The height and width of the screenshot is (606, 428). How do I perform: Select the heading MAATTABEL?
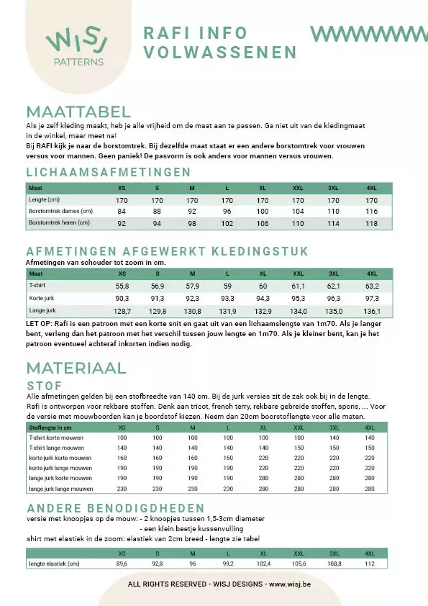point(78,112)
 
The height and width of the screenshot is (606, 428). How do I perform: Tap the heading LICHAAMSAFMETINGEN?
point(108,172)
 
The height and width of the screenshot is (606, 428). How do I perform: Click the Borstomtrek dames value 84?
point(122,212)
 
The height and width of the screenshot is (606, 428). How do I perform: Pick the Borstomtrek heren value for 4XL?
point(371,224)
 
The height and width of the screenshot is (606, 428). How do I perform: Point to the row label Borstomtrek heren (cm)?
point(60,224)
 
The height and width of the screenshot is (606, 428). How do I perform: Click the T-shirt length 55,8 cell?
point(122,286)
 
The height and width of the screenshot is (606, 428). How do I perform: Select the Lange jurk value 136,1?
point(372,311)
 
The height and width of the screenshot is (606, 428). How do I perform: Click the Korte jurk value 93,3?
point(227,299)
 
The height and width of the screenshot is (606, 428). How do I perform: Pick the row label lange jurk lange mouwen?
point(60,489)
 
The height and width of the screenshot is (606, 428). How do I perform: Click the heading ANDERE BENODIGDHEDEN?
point(115,508)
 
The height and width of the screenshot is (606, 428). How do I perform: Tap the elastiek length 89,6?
point(122,564)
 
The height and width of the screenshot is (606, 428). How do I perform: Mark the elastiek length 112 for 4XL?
point(370,564)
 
